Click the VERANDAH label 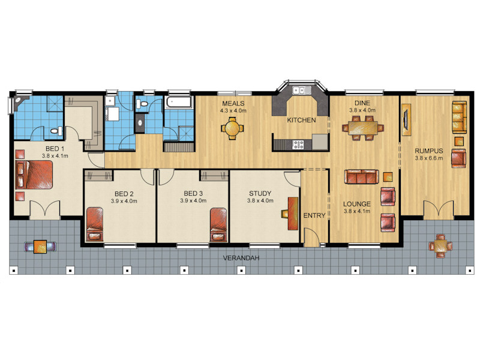[241, 258]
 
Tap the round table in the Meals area [233, 128]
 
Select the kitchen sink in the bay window [302, 91]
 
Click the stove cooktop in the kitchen [298, 145]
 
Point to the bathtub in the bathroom [178, 102]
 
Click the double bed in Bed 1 [34, 175]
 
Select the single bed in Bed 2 [95, 224]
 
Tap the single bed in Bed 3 [218, 224]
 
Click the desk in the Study [293, 214]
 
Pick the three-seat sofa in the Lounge [362, 176]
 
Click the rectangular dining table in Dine [363, 128]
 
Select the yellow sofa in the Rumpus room [459, 117]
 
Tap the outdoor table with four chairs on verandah [440, 245]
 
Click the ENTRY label [314, 215]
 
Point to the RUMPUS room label [428, 151]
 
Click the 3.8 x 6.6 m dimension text [428, 158]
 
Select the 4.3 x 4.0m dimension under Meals [233, 111]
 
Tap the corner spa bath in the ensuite [20, 104]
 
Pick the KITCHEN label [301, 121]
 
